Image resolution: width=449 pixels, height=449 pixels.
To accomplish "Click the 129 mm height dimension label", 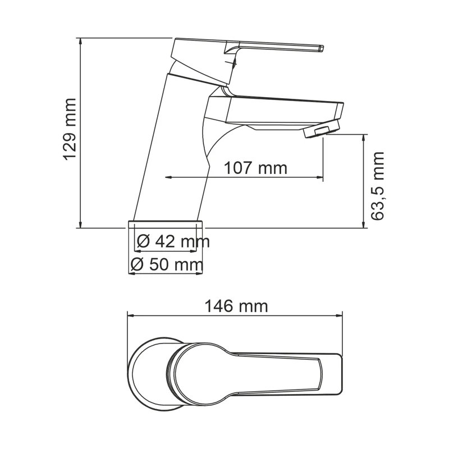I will (x=69, y=130).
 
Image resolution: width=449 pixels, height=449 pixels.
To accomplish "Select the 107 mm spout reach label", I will (x=255, y=168).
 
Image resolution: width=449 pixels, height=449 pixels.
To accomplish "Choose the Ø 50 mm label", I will (x=166, y=264).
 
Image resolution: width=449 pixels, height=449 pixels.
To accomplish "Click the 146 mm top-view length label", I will (x=236, y=306).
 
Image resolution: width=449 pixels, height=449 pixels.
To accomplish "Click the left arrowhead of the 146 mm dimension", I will (x=131, y=315).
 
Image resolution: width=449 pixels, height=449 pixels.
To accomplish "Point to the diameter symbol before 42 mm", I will (x=143, y=242).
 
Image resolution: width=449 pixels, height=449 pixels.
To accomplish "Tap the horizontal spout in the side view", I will (x=275, y=109).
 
